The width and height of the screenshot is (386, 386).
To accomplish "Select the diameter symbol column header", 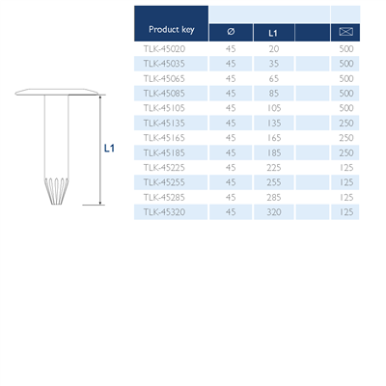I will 230,33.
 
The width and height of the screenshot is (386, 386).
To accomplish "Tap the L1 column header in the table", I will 273,33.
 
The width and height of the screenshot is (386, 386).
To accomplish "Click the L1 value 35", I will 273,63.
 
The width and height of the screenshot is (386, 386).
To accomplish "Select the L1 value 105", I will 273,107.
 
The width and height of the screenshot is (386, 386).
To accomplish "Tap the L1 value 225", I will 273,167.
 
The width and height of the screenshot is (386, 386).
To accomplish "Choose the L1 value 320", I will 273,211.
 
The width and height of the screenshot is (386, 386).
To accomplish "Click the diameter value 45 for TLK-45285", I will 230,197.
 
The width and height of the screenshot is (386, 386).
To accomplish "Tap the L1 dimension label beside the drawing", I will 109,149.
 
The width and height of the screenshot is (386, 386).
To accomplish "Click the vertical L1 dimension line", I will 99,150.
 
